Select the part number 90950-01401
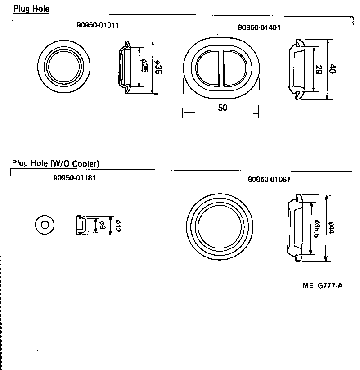coord(259,27)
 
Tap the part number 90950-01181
coord(74,178)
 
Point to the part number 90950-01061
coord(269,179)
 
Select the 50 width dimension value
coord(222,108)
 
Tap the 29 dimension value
coord(319,70)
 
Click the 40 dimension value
coord(333,69)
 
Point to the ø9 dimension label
coord(102,225)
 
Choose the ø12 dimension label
coord(118,225)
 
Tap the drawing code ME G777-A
coord(323,285)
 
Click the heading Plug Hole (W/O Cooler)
coord(56,163)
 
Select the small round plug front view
coord(45,224)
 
